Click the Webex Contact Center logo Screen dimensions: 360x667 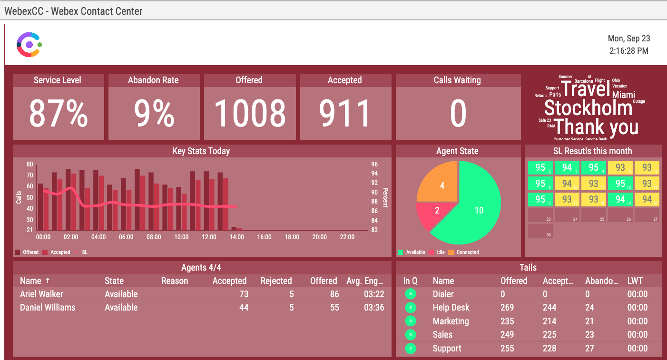point(29,45)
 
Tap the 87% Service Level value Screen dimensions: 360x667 point(58,114)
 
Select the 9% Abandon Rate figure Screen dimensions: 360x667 point(153,114)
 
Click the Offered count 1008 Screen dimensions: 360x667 point(249,114)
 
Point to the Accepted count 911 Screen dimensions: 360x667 point(345,114)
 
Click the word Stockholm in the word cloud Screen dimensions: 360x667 point(588,108)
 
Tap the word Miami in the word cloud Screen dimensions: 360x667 point(623,95)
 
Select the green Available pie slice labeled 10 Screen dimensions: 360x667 point(478,210)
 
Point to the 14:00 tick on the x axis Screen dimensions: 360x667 point(236,237)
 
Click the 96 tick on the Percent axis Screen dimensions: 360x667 point(374,165)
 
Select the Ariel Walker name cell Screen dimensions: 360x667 point(41,294)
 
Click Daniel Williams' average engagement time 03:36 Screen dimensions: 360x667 point(373,307)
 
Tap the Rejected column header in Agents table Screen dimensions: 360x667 point(276,281)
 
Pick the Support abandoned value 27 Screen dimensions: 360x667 point(589,348)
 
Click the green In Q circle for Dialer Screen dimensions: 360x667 point(410,294)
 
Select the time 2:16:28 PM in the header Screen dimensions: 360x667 point(628,51)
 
